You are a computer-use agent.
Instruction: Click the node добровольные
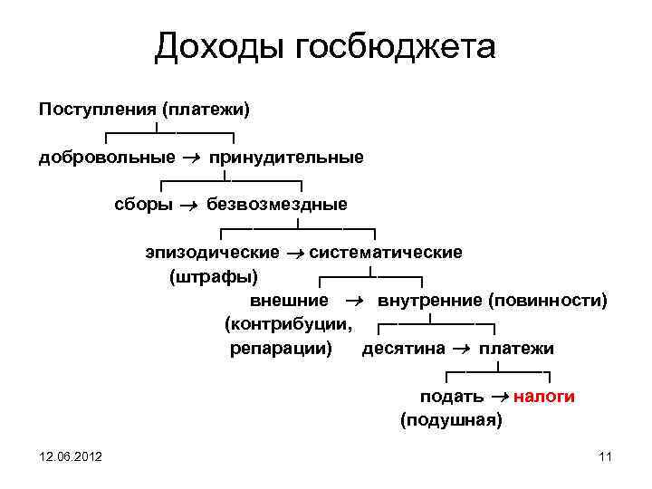click(107, 158)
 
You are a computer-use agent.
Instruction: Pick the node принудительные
click(287, 158)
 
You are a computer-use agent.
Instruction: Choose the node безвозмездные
click(277, 204)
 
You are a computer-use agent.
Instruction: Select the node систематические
click(386, 252)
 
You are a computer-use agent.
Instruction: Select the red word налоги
click(545, 397)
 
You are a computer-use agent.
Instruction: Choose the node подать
click(451, 397)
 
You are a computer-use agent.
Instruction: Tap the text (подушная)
click(450, 420)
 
